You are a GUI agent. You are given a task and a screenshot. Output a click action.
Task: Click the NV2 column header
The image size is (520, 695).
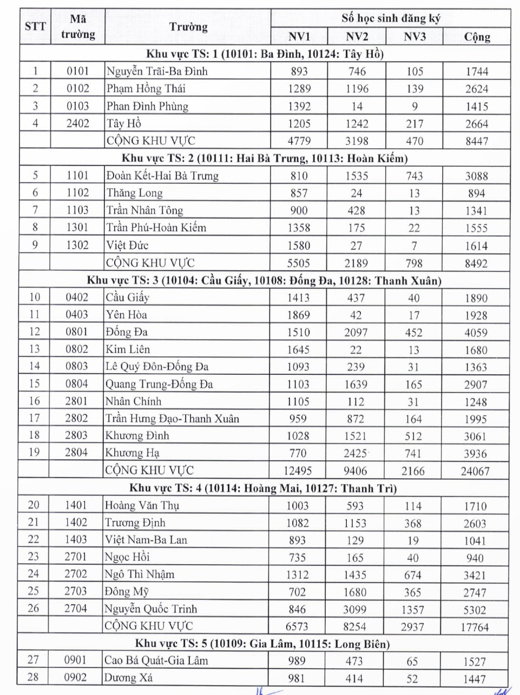point(357,37)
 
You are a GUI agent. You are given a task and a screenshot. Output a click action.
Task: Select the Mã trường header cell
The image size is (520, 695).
point(78,27)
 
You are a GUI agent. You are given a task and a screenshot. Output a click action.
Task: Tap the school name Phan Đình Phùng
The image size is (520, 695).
point(147,106)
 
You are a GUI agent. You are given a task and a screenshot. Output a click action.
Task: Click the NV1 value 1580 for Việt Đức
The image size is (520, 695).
point(299,246)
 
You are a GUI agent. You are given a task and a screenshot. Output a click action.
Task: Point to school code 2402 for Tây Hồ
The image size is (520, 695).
point(78,123)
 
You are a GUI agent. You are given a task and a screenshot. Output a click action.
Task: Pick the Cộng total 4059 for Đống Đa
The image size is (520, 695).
point(476,333)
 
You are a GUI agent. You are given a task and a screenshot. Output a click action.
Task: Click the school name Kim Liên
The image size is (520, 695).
point(128,349)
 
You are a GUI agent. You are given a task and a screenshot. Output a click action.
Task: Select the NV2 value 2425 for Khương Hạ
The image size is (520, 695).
point(356,453)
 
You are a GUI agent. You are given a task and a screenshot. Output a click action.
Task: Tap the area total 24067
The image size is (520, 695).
point(475,471)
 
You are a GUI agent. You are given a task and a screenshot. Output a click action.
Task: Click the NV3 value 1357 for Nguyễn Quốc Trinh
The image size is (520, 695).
point(412,610)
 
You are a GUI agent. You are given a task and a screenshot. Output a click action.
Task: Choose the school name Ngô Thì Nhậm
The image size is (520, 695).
point(140,574)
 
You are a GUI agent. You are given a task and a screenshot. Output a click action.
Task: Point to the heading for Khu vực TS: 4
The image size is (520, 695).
point(263,488)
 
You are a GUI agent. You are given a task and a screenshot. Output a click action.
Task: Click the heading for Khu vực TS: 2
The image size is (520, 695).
point(265,158)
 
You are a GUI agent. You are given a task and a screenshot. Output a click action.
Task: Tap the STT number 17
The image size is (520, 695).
point(34,418)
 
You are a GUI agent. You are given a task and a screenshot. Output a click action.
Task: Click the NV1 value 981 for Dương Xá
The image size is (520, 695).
point(297,678)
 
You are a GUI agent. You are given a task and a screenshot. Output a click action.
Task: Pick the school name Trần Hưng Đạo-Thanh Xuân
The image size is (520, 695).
point(172,419)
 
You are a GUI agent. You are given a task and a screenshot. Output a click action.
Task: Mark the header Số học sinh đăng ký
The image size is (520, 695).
point(391,18)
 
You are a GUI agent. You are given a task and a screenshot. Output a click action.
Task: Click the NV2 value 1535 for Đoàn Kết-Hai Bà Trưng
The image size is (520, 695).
point(357,176)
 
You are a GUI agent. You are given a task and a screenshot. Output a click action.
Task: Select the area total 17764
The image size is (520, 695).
point(475,627)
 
